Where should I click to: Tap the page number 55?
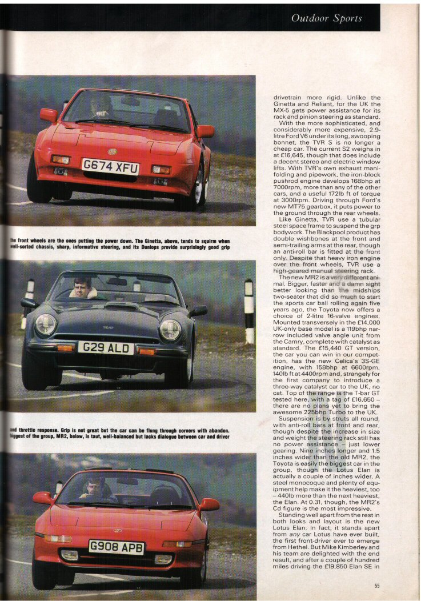point(378,585)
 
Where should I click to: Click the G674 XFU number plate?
point(110,167)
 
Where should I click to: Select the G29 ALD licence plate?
point(106,347)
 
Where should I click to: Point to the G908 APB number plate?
point(117,547)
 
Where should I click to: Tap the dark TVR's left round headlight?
point(45,324)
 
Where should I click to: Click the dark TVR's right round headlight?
point(170,330)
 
